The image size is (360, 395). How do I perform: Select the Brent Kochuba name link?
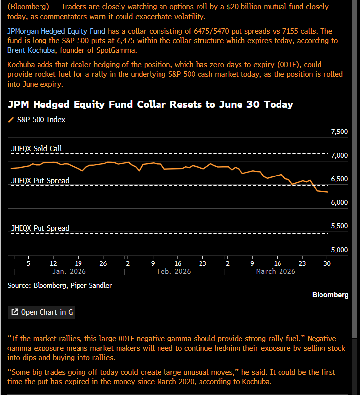point(30,50)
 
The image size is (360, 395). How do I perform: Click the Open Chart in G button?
point(41,312)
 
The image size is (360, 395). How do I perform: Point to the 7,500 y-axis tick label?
point(338,132)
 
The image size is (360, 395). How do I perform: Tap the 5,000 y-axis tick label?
point(338,249)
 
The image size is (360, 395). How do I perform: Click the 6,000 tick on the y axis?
point(338,202)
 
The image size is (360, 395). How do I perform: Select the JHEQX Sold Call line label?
point(37,148)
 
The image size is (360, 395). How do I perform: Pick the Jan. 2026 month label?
point(69,271)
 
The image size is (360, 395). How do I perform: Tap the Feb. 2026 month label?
point(174,271)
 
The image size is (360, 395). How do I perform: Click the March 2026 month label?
point(275,271)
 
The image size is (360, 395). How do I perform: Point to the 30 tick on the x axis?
point(327,263)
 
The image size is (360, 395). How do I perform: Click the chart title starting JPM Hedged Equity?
point(150,104)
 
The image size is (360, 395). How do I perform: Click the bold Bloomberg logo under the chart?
point(330,295)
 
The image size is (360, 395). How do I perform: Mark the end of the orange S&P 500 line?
point(328,192)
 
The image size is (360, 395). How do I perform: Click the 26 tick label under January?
point(103,263)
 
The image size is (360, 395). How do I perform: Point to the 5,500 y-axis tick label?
point(338,226)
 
